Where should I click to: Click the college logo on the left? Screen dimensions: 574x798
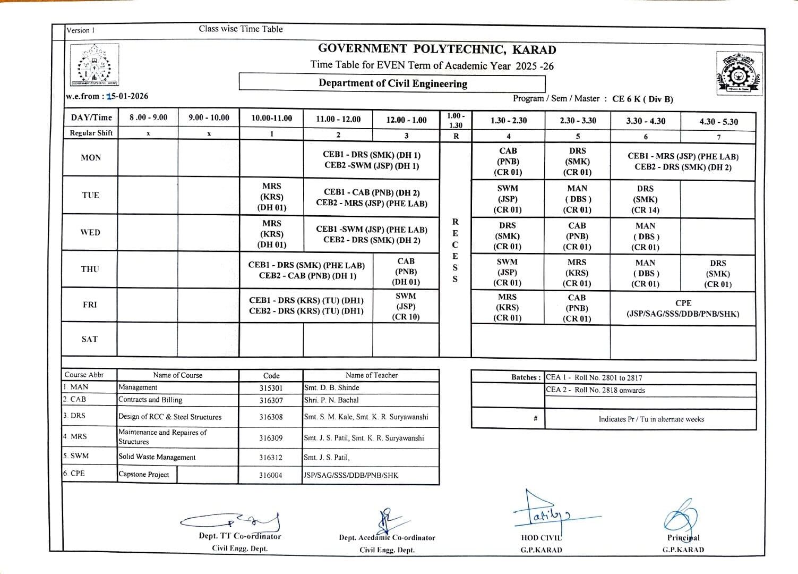pos(95,65)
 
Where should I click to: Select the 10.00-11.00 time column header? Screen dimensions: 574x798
pos(271,119)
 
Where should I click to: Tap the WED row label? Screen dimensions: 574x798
pos(90,232)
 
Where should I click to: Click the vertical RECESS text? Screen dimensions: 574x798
pos(455,250)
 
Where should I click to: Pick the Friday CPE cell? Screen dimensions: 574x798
pos(683,308)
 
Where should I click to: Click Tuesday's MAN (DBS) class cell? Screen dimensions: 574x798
pos(577,199)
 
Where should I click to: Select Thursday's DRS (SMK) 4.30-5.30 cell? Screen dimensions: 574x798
pos(718,273)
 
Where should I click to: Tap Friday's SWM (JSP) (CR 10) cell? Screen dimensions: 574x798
pos(406,306)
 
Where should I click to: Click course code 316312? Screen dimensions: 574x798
pos(271,457)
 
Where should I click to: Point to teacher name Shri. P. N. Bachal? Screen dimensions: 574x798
pos(331,400)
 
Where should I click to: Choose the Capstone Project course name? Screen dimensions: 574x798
pos(144,475)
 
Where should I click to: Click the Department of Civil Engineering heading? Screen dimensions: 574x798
pos(393,83)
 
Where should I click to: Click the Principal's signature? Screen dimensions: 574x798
pos(681,516)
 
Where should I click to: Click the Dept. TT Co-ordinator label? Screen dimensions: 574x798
pos(240,536)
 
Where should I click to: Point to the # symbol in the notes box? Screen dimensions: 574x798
pos(535,419)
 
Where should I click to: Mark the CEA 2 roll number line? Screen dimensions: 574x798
pos(595,390)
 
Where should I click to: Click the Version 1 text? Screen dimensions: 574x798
pos(81,30)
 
